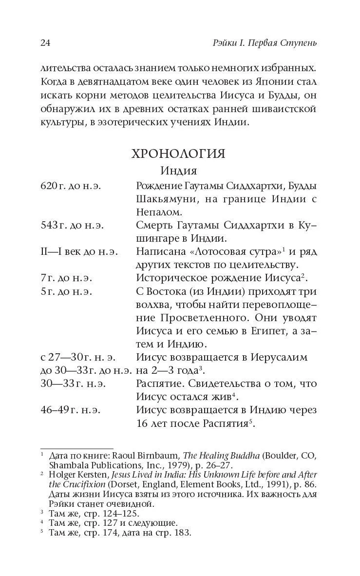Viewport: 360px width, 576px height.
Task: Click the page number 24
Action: [x=45, y=43]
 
